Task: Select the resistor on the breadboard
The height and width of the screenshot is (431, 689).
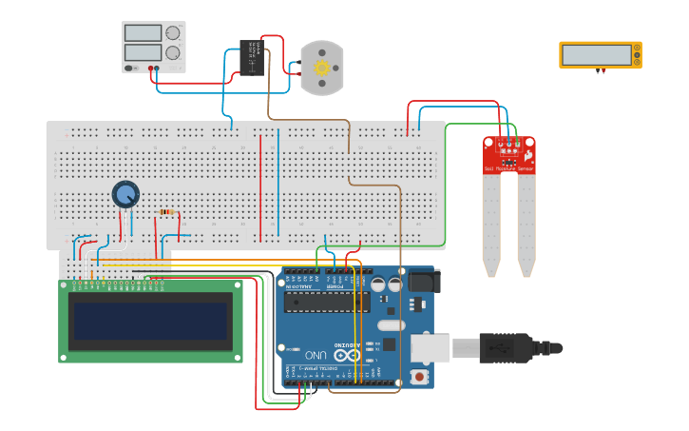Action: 168,212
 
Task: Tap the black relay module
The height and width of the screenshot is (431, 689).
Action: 252,56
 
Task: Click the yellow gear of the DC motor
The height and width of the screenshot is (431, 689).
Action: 321,69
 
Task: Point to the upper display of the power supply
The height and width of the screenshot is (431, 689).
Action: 143,32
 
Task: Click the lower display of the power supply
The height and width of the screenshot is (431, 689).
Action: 143,53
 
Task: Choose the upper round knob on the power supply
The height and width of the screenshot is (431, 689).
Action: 173,32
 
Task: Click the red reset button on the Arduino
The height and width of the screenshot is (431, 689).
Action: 420,377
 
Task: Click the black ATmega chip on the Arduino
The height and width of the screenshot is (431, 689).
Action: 327,302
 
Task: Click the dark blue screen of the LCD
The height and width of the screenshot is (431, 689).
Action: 151,322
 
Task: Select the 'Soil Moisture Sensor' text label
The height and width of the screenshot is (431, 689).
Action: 509,168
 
